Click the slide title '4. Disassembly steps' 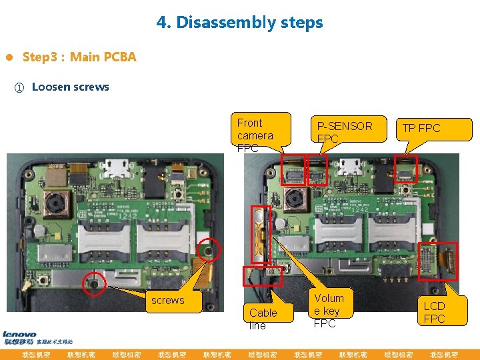239,23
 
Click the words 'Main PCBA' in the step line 103,57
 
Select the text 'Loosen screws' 70,87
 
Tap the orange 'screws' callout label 167,300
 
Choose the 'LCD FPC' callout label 434,312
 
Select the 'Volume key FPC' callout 329,309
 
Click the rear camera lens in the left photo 53,203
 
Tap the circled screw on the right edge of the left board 209,251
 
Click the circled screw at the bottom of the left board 94,283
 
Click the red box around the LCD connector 438,260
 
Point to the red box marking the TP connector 405,168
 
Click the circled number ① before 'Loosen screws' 19,87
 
